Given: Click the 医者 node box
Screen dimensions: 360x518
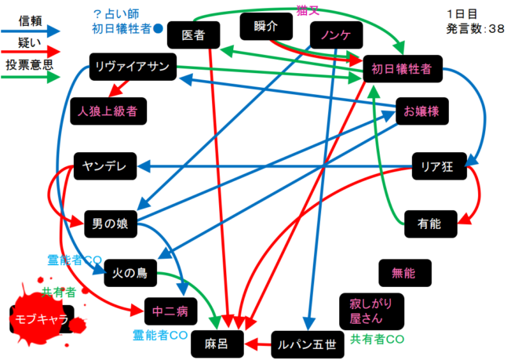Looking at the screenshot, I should coord(193,35).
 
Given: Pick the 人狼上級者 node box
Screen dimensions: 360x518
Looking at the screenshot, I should coord(108,111).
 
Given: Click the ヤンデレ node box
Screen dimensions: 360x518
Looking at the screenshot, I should coord(105,165).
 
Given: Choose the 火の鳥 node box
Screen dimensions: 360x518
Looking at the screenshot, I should coord(130,272).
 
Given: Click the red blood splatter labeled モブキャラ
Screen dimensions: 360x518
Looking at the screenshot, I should coord(42,317).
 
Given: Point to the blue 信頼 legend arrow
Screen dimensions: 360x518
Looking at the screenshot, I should coord(32,30).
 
